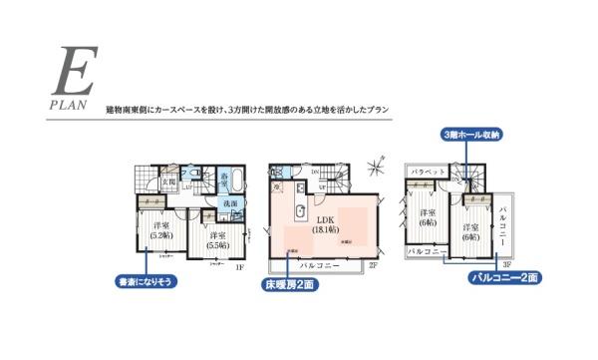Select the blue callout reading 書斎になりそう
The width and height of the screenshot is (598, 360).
click(150, 282)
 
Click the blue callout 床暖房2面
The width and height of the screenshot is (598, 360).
click(290, 282)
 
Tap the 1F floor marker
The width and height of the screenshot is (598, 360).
click(239, 266)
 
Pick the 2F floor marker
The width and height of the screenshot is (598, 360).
click(372, 266)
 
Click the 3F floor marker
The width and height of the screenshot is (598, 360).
click(506, 264)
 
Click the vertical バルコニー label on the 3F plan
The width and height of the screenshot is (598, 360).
click(505, 224)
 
